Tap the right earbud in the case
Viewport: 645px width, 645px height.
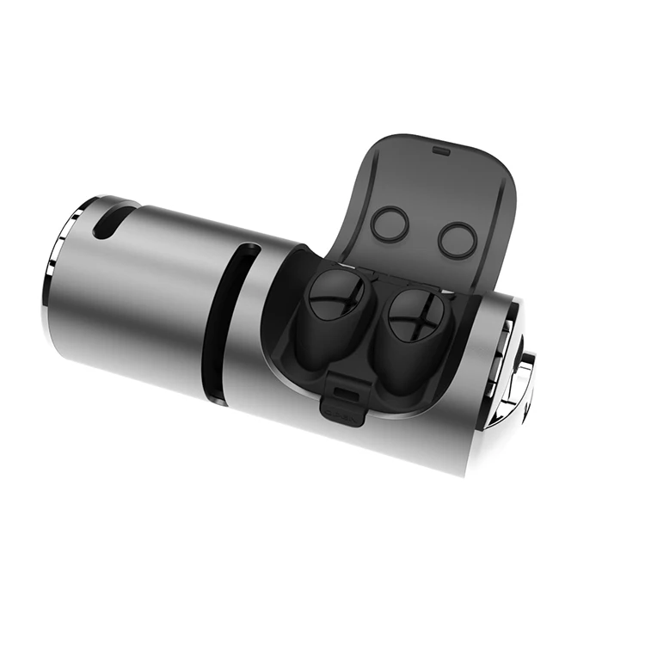tap(411, 323)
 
